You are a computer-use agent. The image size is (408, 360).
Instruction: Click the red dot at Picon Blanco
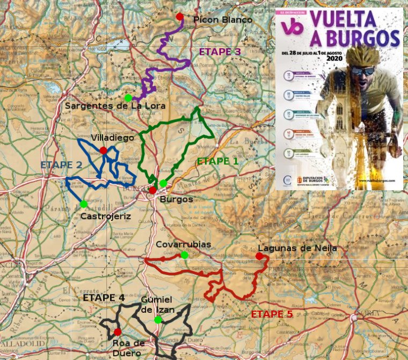pos(180,17)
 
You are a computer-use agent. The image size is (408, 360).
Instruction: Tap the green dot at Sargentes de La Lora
pos(128,98)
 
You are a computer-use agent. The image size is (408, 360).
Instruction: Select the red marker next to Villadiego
pos(103,150)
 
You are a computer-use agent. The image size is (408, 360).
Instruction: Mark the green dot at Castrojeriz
pos(84,204)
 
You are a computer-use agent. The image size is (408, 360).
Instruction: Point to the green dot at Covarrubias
pos(184,255)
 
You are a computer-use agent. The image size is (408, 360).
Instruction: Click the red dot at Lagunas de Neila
pos(259,256)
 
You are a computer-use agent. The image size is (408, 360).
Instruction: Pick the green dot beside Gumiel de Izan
pos(158,320)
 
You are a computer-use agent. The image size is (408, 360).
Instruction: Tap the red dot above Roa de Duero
pos(118,332)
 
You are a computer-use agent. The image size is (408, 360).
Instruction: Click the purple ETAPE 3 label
pos(220,52)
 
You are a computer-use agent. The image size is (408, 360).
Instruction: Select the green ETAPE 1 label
pos(217,161)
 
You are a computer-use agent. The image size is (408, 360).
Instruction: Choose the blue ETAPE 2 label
pos(61,164)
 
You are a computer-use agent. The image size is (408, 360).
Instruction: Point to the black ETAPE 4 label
pos(104,298)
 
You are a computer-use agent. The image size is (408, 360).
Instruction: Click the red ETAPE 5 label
pos(272,314)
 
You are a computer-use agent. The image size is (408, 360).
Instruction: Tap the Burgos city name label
pos(177,199)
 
